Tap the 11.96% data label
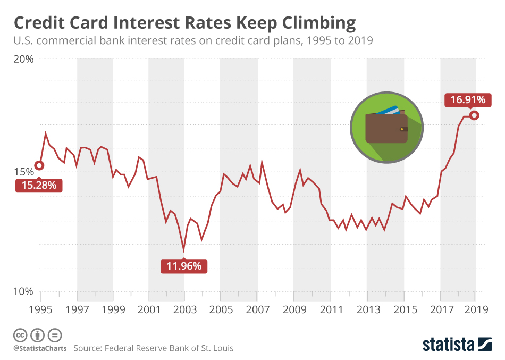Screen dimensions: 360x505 pyautogui.click(x=184, y=266)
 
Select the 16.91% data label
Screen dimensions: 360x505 pyautogui.click(x=468, y=99)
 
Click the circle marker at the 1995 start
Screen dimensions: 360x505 pyautogui.click(x=39, y=165)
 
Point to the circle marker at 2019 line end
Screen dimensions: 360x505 pyautogui.click(x=475, y=115)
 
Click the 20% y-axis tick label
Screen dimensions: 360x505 pyautogui.click(x=23, y=59)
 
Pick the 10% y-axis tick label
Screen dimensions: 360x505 pyautogui.click(x=23, y=291)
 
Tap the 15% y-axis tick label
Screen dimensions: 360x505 pyautogui.click(x=23, y=172)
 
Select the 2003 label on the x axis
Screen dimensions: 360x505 pyautogui.click(x=184, y=309)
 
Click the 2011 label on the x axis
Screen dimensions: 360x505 pyautogui.click(x=331, y=309)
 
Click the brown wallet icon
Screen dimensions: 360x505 pyautogui.click(x=386, y=129)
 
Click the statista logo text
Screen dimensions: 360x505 pyautogui.click(x=449, y=344)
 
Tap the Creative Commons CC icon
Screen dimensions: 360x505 pyautogui.click(x=20, y=335)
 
